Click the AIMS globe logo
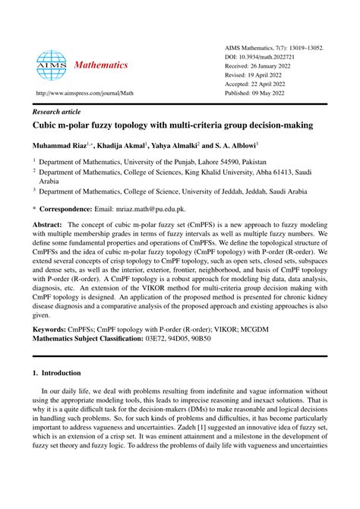pos(51,66)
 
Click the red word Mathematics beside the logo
pos(101,65)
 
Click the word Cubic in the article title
pos(46,122)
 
